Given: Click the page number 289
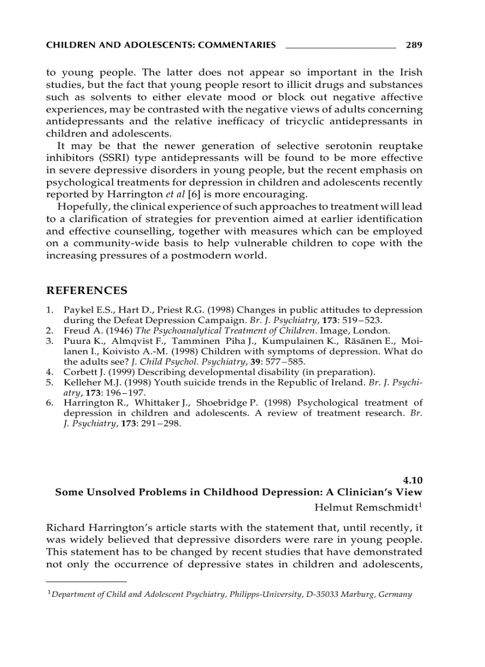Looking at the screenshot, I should [x=414, y=45].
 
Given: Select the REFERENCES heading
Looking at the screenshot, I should [x=87, y=290].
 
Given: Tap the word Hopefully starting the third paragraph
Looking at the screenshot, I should [x=81, y=207].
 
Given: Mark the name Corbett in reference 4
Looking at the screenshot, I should [x=79, y=372].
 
